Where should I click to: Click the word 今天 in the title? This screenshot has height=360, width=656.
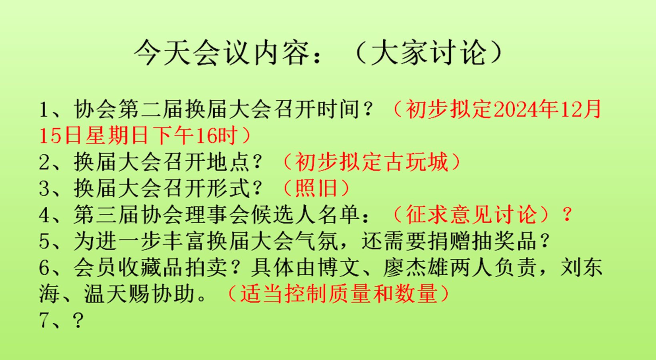click(x=162, y=53)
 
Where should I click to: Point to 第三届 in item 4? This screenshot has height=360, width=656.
click(x=106, y=214)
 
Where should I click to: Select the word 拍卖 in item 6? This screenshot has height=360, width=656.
click(x=207, y=268)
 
